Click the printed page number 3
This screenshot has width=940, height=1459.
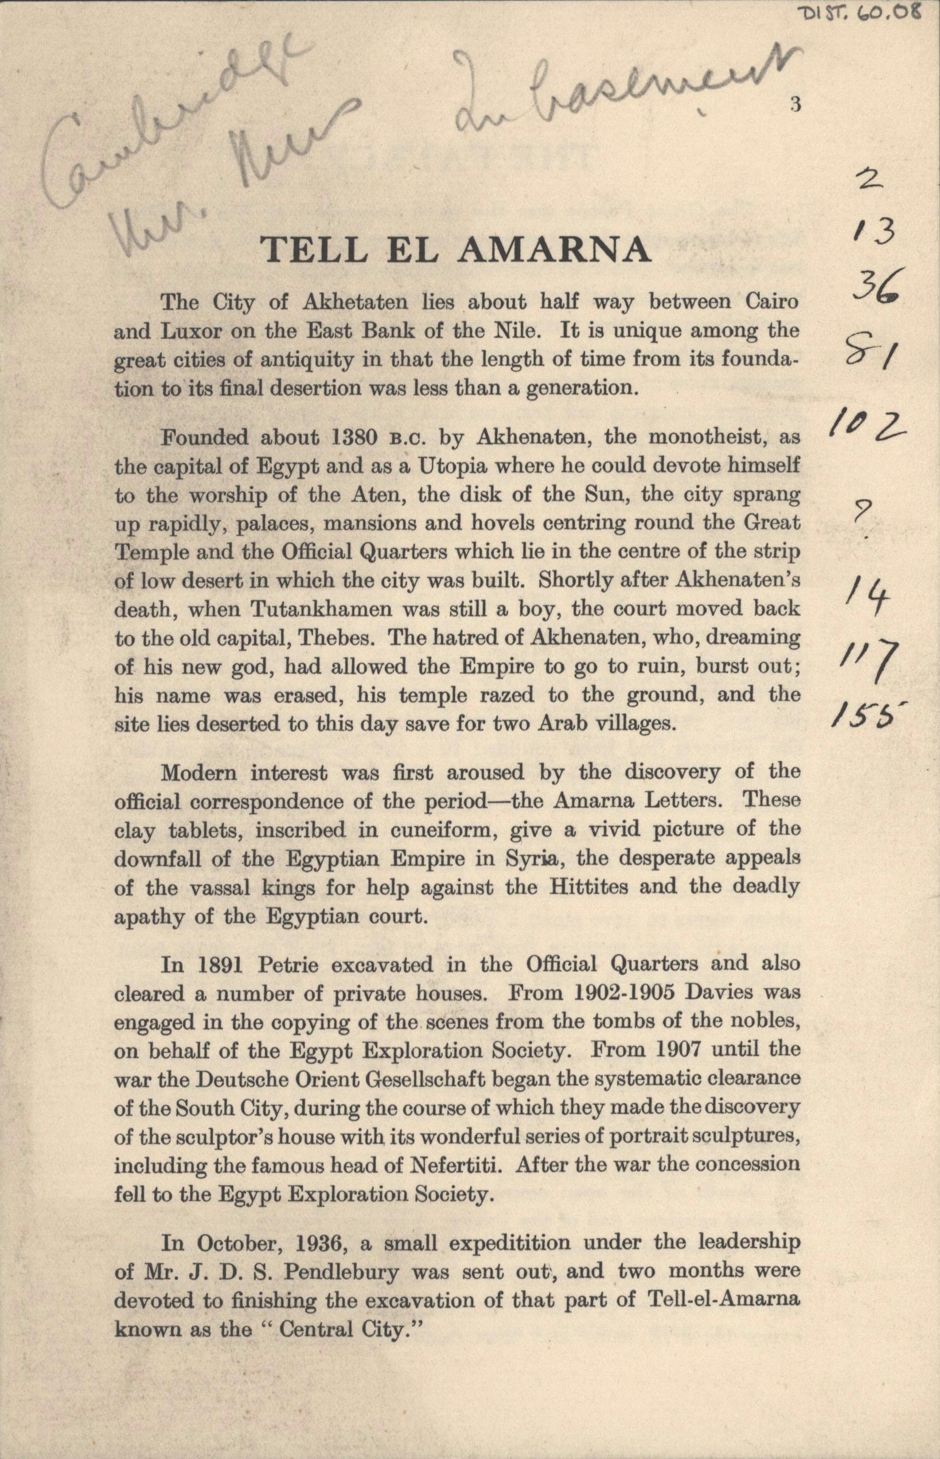(x=795, y=104)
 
